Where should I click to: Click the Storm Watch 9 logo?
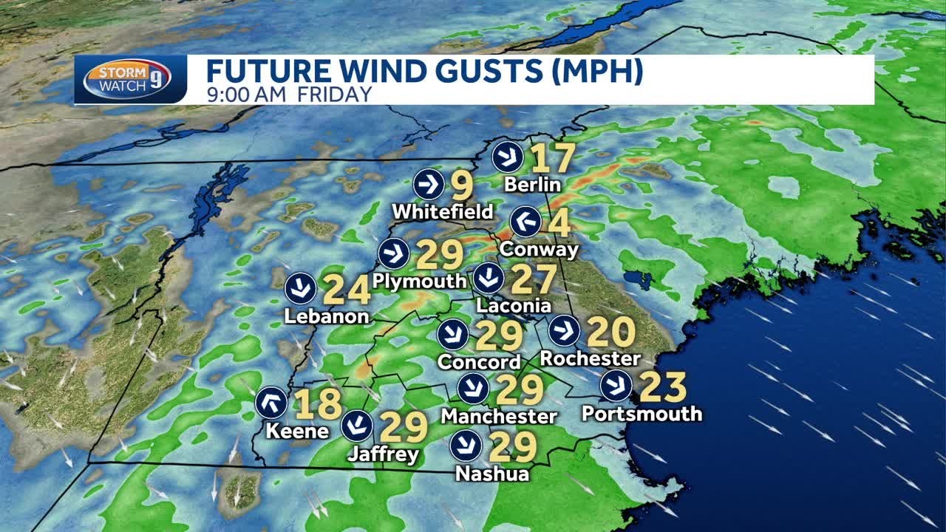click(x=126, y=79)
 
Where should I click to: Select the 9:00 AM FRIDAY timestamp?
click(x=288, y=94)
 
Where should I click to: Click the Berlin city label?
click(x=532, y=184)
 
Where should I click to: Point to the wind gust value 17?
click(x=552, y=158)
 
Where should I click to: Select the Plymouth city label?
click(x=420, y=281)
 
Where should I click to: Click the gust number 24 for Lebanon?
click(x=347, y=290)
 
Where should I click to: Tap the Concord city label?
click(x=479, y=362)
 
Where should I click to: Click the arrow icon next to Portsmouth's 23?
click(x=616, y=386)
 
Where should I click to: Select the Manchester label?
click(x=499, y=416)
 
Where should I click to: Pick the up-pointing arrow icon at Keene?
click(x=271, y=403)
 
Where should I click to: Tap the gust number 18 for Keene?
click(x=318, y=404)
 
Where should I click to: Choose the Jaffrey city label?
click(x=383, y=454)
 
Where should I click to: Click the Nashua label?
click(x=492, y=473)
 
